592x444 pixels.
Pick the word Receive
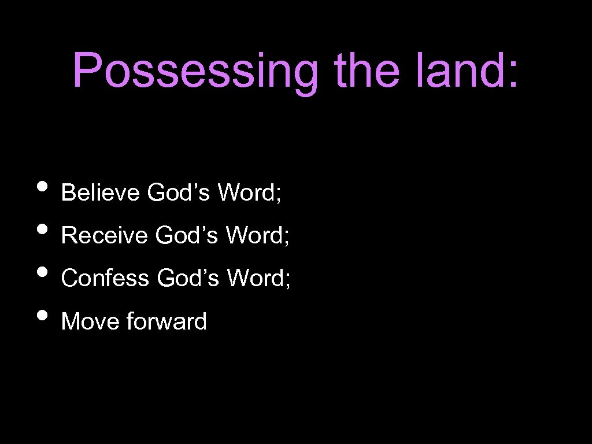(x=104, y=235)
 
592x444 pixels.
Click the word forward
(x=166, y=321)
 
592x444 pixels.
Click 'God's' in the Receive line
(x=187, y=235)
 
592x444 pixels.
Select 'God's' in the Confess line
(x=188, y=278)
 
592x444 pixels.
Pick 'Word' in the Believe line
(x=246, y=193)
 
